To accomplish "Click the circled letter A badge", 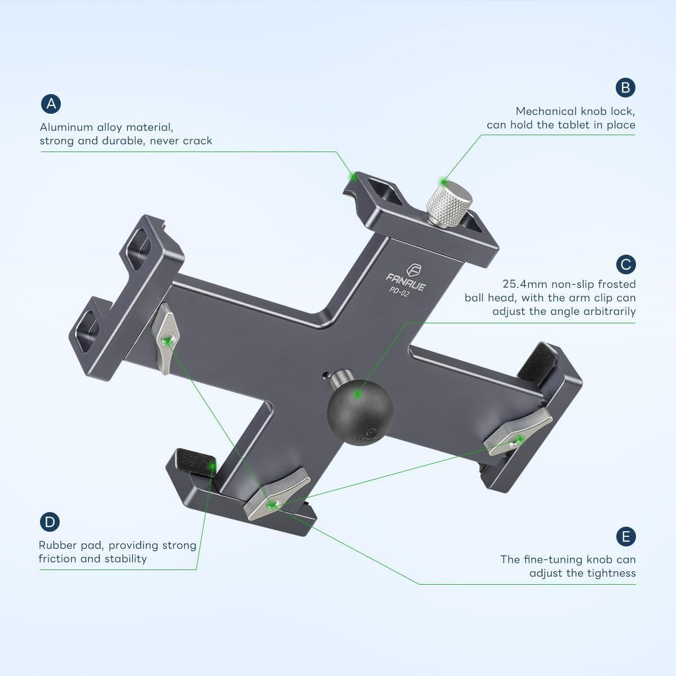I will [x=51, y=104].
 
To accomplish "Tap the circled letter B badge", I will [x=625, y=87].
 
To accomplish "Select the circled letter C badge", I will [x=625, y=264].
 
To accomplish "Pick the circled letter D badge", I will [x=50, y=522].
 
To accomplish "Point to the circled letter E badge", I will [x=625, y=536].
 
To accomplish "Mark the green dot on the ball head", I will [x=357, y=395].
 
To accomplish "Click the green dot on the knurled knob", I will [x=444, y=182].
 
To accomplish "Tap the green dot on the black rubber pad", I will [x=212, y=465].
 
